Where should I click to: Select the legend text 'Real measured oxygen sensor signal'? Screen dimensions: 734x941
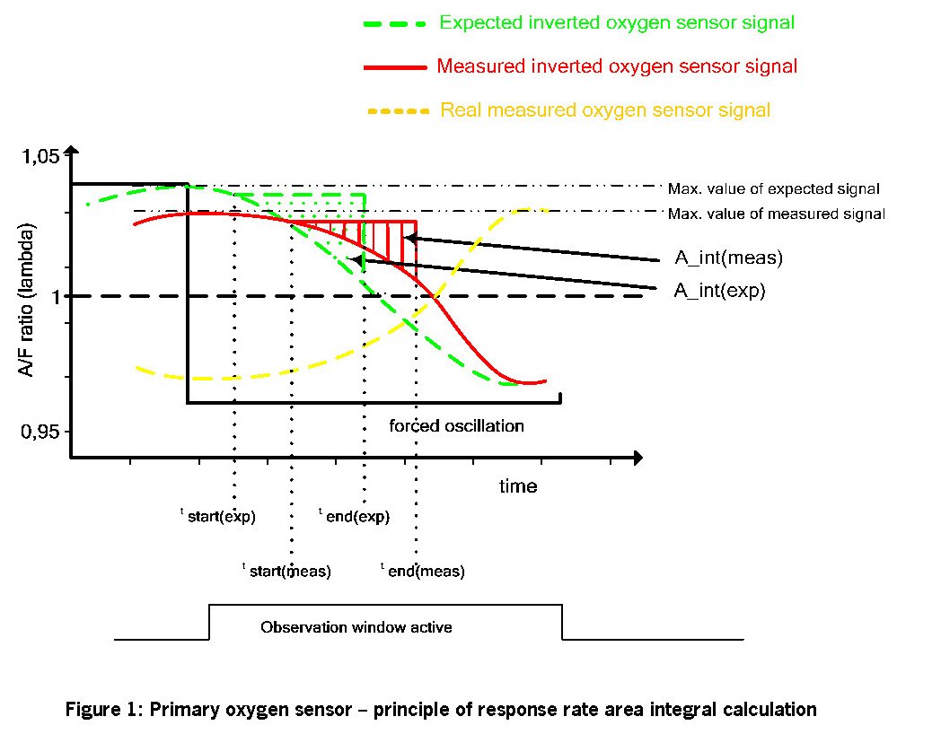[604, 110]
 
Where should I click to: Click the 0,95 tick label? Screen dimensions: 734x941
[40, 433]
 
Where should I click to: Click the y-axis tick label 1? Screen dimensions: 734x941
[55, 297]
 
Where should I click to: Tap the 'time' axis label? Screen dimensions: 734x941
[518, 486]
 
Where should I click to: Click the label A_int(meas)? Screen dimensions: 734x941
[729, 258]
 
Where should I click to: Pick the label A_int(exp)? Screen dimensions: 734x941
[719, 291]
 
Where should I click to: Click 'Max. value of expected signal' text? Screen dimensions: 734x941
[773, 189]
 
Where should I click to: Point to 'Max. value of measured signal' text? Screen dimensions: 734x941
[776, 214]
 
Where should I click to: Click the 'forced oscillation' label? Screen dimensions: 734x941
[456, 426]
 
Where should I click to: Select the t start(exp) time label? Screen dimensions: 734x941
[218, 516]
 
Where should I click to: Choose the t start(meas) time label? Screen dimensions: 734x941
[287, 571]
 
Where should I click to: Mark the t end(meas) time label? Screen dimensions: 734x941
[423, 571]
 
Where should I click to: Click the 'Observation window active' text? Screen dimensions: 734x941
[356, 627]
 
